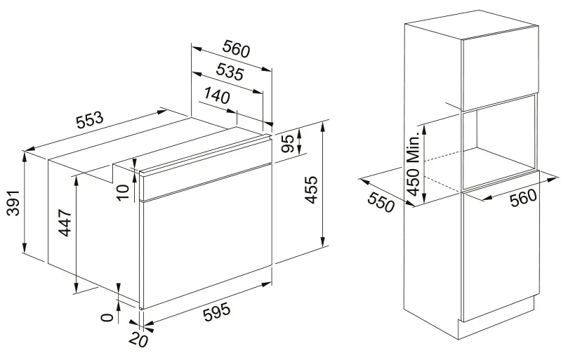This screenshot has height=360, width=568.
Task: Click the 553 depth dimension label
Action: tap(90, 120)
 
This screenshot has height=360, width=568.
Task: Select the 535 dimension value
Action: tap(230, 72)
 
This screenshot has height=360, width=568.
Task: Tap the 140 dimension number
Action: tap(217, 95)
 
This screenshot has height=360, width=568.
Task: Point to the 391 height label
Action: tap(13, 202)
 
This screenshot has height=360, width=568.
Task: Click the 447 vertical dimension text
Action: tap(65, 222)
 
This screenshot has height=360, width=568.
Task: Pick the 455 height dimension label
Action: tap(311, 190)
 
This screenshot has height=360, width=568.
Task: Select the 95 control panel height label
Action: tap(288, 143)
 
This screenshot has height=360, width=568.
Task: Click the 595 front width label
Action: tap(217, 312)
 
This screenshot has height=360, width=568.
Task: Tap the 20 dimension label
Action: tap(138, 340)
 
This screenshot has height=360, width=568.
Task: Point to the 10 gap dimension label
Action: tap(123, 192)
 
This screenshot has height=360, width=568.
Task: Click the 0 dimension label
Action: tap(107, 318)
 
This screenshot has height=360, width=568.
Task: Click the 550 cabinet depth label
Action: tap(381, 202)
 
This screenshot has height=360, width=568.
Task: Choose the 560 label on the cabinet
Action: tap(523, 197)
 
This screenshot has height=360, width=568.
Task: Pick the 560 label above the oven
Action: tap(236, 49)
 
